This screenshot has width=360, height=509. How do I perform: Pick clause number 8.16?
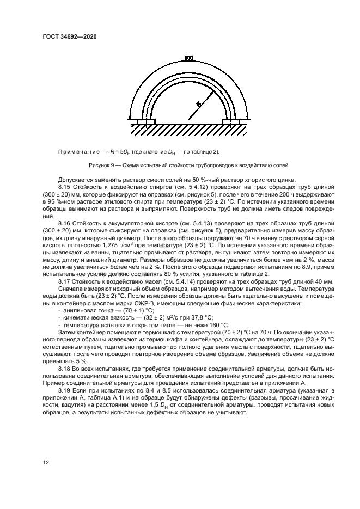(x=65, y=222)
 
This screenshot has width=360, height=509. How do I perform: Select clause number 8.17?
(x=65, y=281)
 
